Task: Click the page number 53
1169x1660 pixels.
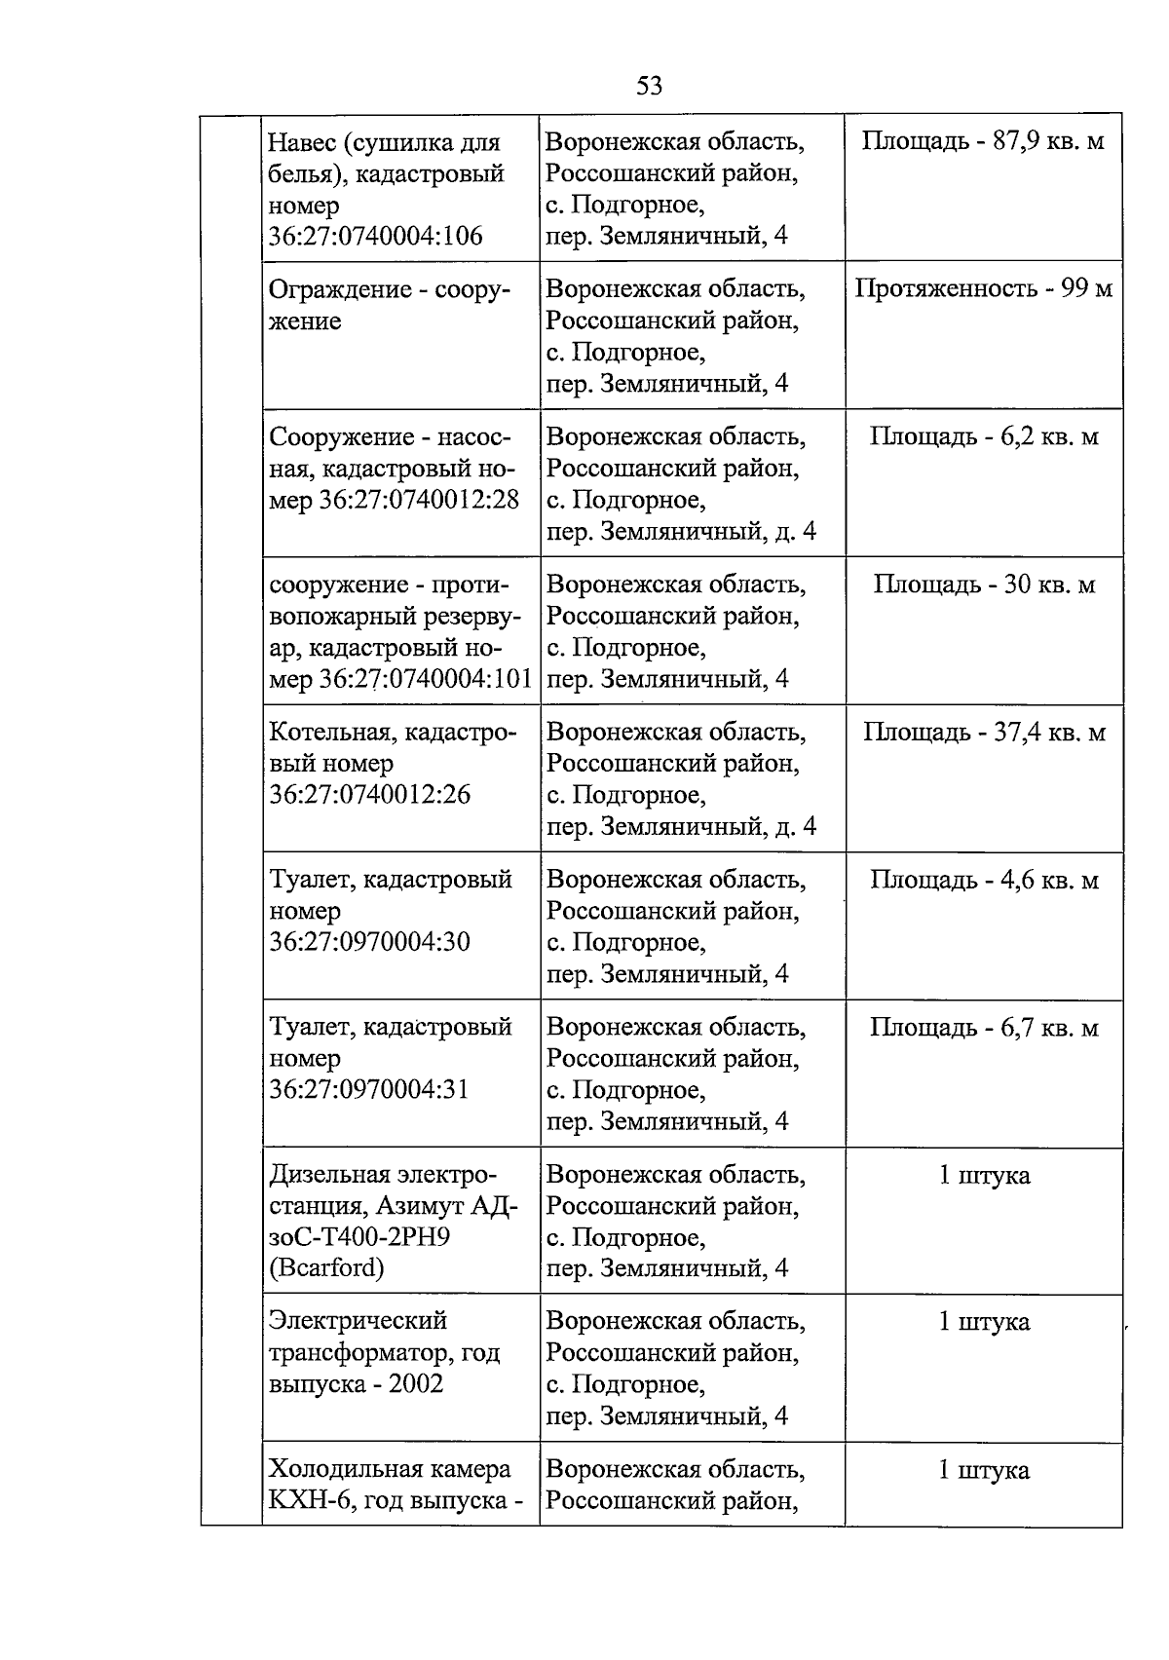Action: pyautogui.click(x=649, y=87)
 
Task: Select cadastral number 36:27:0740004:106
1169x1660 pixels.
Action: pyautogui.click(x=376, y=237)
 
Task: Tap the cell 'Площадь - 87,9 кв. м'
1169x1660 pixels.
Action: pyautogui.click(x=983, y=142)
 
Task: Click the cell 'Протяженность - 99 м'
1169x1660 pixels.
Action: pyautogui.click(x=983, y=289)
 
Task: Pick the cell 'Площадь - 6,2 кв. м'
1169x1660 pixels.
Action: pyautogui.click(x=983, y=437)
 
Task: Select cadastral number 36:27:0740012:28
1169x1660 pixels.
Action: pyautogui.click(x=419, y=501)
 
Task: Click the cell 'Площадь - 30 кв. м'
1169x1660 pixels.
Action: pyautogui.click(x=983, y=585)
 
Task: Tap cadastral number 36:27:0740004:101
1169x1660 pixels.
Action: pyautogui.click(x=426, y=679)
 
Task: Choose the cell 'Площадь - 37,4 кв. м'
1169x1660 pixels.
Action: pyautogui.click(x=983, y=733)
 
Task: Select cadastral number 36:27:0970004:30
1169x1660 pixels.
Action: pyautogui.click(x=370, y=942)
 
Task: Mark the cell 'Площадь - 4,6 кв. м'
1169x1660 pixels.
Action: pyautogui.click(x=983, y=881)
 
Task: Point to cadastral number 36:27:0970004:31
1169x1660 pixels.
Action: pyautogui.click(x=370, y=1089)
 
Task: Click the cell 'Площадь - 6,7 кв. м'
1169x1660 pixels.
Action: pyautogui.click(x=983, y=1029)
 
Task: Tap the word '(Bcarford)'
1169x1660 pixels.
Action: pyautogui.click(x=326, y=1268)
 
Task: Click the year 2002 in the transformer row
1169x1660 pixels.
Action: pyautogui.click(x=416, y=1384)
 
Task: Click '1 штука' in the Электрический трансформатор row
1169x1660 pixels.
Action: pyautogui.click(x=983, y=1323)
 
